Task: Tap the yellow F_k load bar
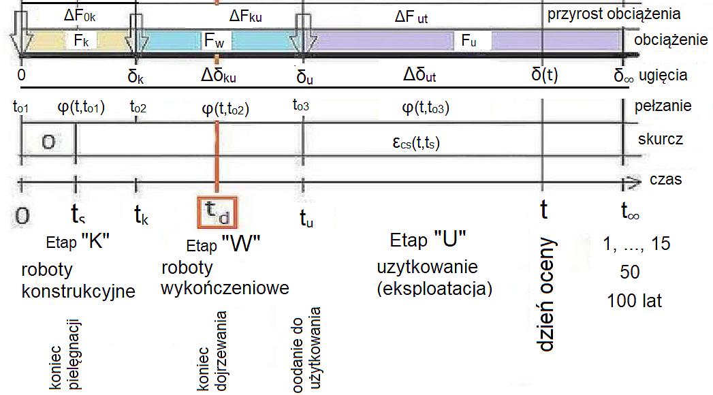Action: [x=78, y=40]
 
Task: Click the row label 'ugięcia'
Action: [x=667, y=75]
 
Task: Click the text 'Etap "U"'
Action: [x=428, y=240]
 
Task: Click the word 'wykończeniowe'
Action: [x=225, y=288]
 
